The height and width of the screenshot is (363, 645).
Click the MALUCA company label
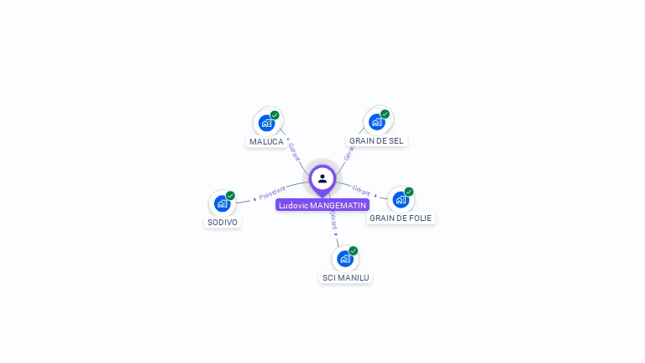[266, 141]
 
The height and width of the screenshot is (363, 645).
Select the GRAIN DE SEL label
[376, 140]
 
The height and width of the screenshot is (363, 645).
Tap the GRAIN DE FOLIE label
[401, 218]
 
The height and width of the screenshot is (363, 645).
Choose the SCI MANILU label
[345, 277]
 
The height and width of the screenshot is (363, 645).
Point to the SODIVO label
[222, 223]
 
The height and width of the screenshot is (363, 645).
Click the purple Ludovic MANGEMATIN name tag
[322, 205]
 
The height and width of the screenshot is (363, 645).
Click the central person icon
[322, 178]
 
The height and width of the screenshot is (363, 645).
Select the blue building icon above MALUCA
[266, 123]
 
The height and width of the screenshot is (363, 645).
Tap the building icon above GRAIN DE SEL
[377, 122]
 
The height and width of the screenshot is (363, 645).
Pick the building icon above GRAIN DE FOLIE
[401, 199]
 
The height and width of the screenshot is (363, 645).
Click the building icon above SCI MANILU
[344, 259]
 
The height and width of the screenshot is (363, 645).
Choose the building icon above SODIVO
[222, 203]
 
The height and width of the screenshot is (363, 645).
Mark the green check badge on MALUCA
[275, 115]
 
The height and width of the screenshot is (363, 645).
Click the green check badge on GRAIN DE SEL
[385, 114]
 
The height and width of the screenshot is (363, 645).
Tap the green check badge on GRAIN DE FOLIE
[409, 192]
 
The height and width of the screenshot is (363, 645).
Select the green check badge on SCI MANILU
[354, 250]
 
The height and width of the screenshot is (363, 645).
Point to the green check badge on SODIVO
[230, 196]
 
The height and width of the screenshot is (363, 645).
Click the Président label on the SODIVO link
[272, 193]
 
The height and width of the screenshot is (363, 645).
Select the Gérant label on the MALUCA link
[293, 151]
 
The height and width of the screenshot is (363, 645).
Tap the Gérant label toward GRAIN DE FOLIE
[361, 191]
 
